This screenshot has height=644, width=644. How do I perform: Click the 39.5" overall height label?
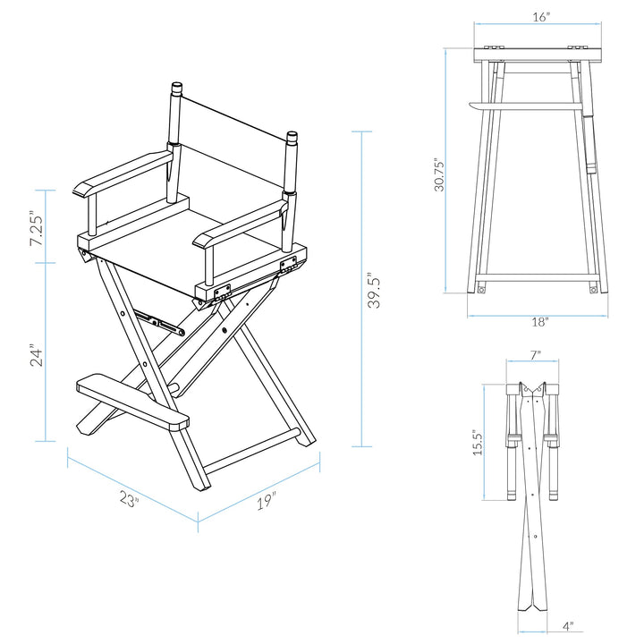[374, 290]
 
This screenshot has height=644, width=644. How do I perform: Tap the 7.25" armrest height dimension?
[36, 228]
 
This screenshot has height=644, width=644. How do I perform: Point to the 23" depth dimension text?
[130, 500]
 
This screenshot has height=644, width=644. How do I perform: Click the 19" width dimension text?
[267, 502]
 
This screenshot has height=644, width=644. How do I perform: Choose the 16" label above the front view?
[541, 17]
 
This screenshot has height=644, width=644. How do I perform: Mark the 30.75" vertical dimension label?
[439, 175]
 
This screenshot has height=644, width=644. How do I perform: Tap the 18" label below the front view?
[540, 322]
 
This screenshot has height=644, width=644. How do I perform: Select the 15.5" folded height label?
[478, 443]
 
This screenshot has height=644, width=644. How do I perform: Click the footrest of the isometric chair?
[132, 402]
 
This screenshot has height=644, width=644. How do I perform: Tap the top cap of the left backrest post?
[176, 88]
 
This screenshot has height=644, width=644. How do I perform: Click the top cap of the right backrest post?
[292, 136]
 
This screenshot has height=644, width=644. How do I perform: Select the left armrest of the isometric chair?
[123, 173]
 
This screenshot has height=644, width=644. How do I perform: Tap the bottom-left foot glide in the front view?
[481, 290]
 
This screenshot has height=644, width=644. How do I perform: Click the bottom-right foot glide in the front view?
[593, 290]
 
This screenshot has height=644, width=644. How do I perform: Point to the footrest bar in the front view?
[525, 106]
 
